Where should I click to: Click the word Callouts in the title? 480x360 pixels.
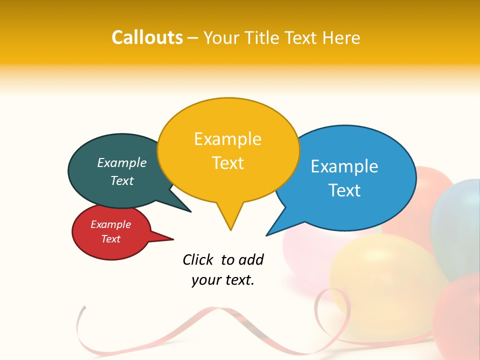pos(147,37)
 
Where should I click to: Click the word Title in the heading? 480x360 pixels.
pos(264,37)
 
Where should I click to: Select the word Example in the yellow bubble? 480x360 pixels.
pos(227,139)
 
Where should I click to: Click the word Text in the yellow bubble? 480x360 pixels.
pos(227,163)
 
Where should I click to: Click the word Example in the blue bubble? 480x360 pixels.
pos(344,166)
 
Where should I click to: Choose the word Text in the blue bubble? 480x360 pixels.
pos(344,190)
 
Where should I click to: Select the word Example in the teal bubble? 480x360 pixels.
pos(122,162)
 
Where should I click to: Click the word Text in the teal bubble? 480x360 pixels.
pos(122,180)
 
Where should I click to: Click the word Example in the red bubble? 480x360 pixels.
pos(110,224)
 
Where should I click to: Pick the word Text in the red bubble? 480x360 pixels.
pos(110,239)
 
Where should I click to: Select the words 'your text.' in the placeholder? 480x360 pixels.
pos(223,280)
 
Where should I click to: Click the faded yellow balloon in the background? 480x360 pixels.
pos(380,280)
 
